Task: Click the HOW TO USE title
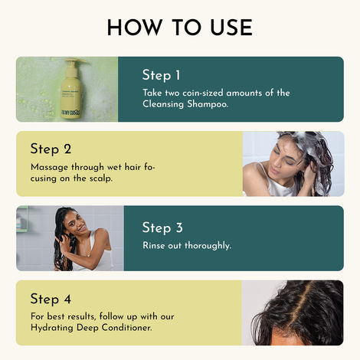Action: pyautogui.click(x=180, y=27)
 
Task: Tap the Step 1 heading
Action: pyautogui.click(x=161, y=75)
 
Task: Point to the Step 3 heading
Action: pyautogui.click(x=161, y=227)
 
